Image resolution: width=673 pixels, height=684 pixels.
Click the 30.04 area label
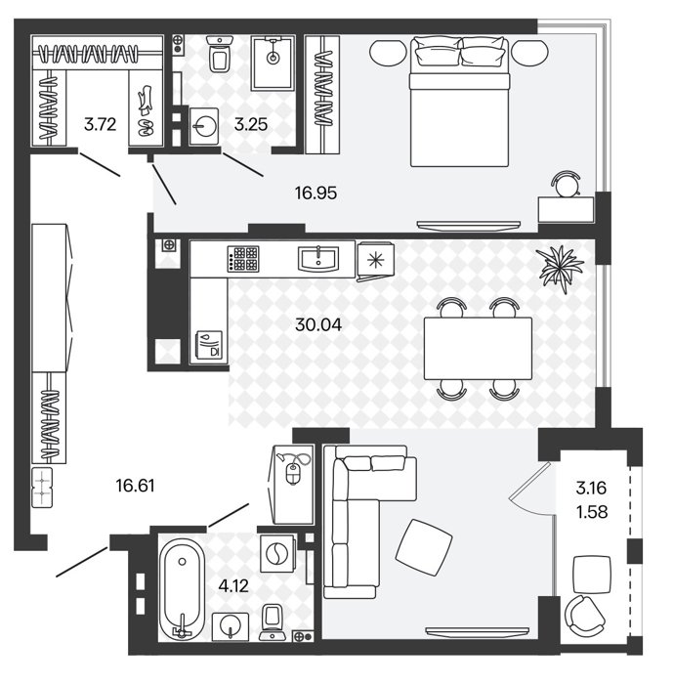(318, 324)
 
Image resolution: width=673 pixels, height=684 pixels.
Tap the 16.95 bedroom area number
(315, 192)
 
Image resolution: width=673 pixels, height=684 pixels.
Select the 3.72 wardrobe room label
(101, 125)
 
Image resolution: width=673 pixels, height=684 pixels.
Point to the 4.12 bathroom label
(233, 586)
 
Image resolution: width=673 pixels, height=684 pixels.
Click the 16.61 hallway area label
(135, 486)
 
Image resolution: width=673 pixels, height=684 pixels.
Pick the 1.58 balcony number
(592, 512)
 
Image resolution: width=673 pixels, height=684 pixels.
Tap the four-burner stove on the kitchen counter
(243, 259)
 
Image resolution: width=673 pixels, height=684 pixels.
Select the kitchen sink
(318, 259)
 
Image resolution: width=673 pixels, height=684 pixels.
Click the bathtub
(182, 589)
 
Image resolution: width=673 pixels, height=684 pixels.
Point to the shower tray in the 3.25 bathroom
(273, 63)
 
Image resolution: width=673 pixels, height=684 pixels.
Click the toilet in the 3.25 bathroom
(221, 54)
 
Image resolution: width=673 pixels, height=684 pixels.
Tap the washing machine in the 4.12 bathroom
(277, 554)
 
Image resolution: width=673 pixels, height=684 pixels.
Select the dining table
(478, 349)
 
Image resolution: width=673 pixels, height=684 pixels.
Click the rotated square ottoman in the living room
(424, 547)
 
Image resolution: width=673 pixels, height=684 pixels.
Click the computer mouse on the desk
(292, 474)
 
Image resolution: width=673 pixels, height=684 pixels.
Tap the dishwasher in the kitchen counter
(208, 345)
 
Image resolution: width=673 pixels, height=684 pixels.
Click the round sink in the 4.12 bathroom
(231, 627)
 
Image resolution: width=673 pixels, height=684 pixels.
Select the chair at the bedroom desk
(566, 184)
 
